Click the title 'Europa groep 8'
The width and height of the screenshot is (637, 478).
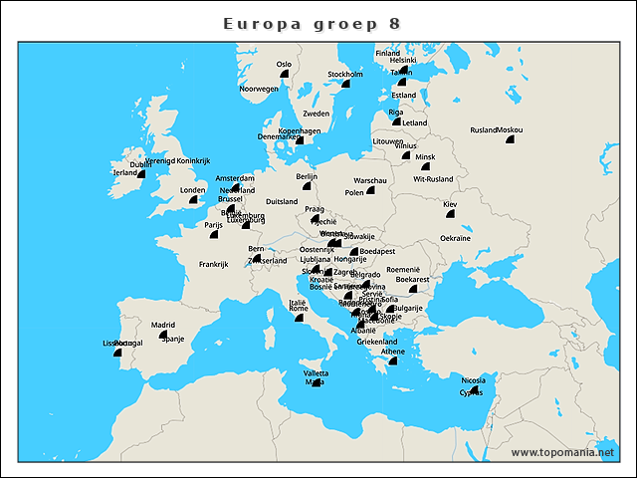pos(313,23)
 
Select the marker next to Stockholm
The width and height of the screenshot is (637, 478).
pos(346,84)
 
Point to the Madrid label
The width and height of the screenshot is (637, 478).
pos(163,325)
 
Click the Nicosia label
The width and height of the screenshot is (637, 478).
pos(475,379)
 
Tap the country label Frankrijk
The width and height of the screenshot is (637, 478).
pos(213,264)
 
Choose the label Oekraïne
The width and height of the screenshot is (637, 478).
pos(455,238)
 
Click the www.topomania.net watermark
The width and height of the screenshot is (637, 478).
pos(562,453)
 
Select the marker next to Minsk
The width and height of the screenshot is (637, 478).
pos(425,166)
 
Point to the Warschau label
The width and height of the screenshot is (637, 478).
pos(369,180)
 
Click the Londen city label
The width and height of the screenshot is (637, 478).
pos(192,190)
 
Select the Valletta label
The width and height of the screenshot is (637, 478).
pos(316,372)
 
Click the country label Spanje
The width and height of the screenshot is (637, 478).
pos(173,339)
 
